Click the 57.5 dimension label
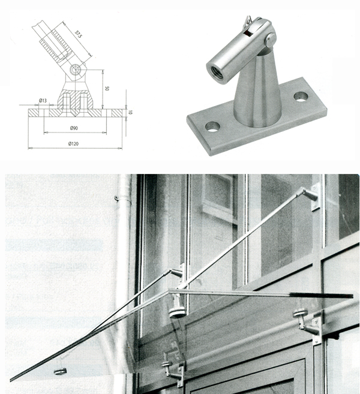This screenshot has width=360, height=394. (79, 34)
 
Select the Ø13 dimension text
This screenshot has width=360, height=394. (43, 101)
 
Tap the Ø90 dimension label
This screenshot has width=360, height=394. (74, 128)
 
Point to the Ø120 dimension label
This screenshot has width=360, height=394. (73, 144)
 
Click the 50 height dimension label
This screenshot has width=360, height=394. (107, 88)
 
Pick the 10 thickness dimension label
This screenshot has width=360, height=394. (130, 112)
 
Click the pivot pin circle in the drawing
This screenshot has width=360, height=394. (75, 70)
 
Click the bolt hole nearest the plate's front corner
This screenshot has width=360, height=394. (212, 127)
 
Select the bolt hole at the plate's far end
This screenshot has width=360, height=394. (301, 97)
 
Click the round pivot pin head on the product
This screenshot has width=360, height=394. (271, 40)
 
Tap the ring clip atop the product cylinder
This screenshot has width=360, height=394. (247, 22)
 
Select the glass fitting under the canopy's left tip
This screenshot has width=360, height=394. (61, 371)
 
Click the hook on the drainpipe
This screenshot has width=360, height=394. (116, 198)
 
